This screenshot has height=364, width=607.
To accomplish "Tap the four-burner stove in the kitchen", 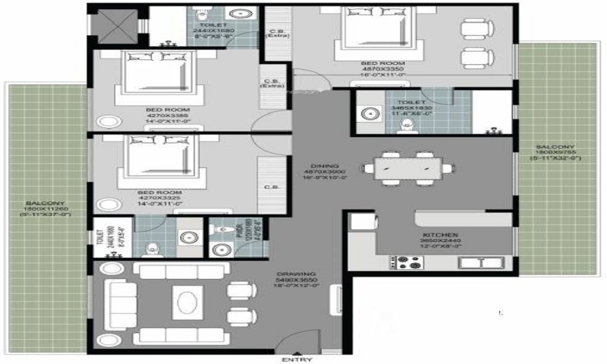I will click(406, 261).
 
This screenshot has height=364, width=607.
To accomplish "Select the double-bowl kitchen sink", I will click(481, 262).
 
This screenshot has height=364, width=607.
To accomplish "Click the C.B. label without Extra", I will click(270, 187).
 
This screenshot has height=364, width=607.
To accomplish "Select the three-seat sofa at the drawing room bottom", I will click(169, 334).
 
